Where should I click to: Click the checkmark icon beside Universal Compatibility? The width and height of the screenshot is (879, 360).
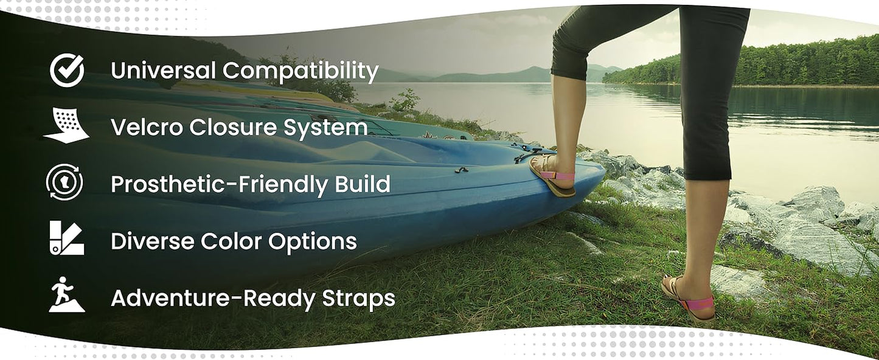67,70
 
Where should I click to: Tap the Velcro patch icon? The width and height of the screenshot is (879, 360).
66,125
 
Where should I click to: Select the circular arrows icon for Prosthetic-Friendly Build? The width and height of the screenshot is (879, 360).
64,182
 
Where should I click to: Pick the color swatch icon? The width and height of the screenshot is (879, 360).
67,238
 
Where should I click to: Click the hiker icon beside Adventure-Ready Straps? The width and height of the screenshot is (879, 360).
67,294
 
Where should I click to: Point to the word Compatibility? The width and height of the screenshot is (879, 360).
301,72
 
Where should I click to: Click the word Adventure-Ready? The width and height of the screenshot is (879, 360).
213,299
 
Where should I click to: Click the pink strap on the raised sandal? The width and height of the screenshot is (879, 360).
557,175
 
